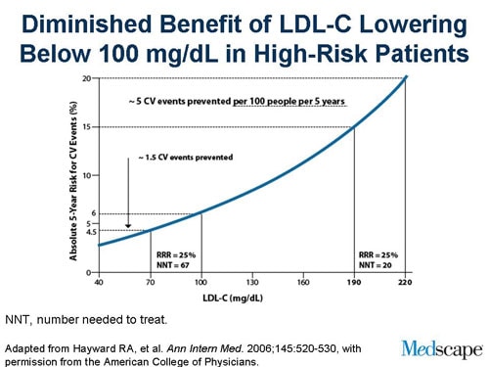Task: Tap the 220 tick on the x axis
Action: pyautogui.click(x=404, y=282)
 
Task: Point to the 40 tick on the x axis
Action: pyautogui.click(x=99, y=282)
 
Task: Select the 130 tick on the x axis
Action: pyautogui.click(x=251, y=282)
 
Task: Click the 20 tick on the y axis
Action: pyautogui.click(x=87, y=78)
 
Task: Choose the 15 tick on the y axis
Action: pyautogui.click(x=87, y=126)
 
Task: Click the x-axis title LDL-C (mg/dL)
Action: pyautogui.click(x=251, y=296)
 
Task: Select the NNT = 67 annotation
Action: pyautogui.click(x=176, y=263)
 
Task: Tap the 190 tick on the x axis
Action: pyautogui.click(x=353, y=282)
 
